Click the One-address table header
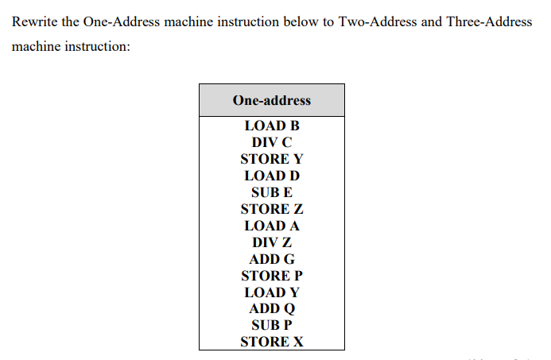click(x=271, y=100)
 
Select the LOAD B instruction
click(x=271, y=126)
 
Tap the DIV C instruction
click(x=271, y=142)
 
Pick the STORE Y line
click(x=271, y=159)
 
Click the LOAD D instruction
click(x=271, y=176)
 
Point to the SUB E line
click(x=271, y=192)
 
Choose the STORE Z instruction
click(x=271, y=209)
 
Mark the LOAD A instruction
click(x=271, y=226)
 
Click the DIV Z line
click(x=271, y=242)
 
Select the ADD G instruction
click(x=271, y=259)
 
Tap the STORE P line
click(x=271, y=276)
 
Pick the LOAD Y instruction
click(x=271, y=292)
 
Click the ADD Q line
click(x=271, y=308)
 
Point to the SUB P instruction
click(x=271, y=325)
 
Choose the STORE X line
click(x=271, y=342)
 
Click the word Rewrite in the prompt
click(x=34, y=21)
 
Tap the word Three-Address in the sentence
click(x=488, y=21)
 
